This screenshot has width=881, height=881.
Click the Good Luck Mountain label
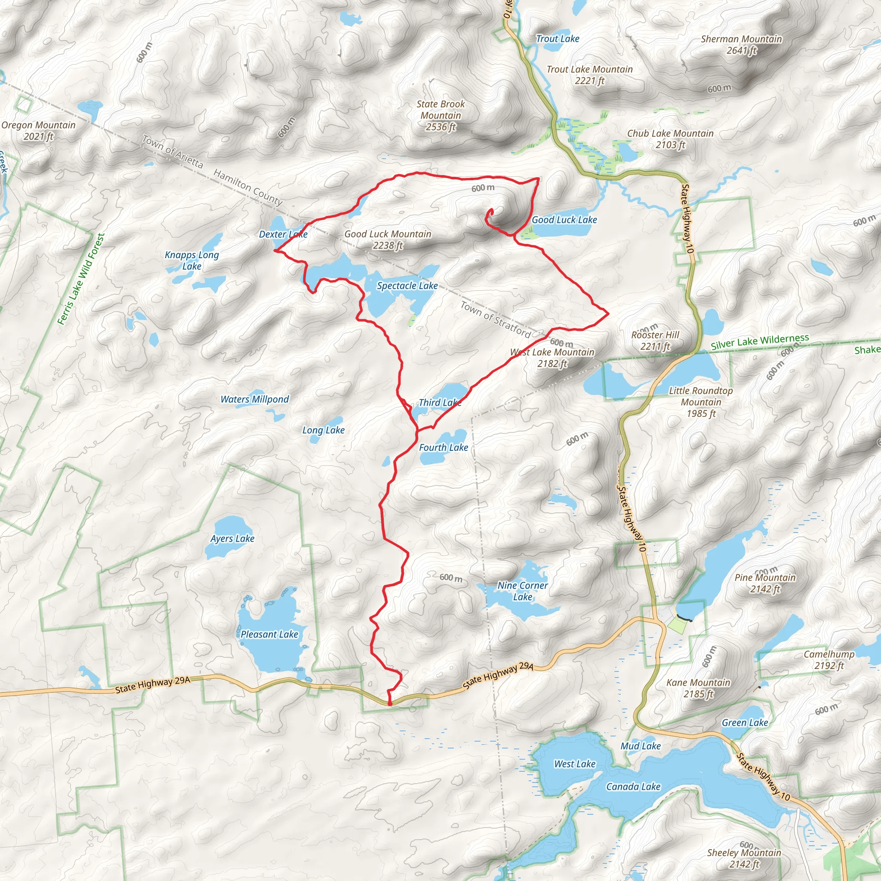[388, 240]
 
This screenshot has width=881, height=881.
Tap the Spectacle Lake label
[407, 286]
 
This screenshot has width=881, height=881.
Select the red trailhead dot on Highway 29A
[390, 704]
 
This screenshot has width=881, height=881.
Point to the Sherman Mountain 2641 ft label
[742, 45]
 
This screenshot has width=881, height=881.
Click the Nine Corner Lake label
[523, 591]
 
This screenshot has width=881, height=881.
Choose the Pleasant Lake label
[269, 635]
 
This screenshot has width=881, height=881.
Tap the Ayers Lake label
[233, 539]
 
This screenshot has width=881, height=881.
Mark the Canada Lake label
[633, 787]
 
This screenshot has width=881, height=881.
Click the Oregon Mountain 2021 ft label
[38, 130]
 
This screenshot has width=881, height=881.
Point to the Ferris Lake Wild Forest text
[81, 279]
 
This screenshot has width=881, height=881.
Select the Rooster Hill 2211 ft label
[655, 341]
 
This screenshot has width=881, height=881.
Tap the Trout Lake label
[557, 39]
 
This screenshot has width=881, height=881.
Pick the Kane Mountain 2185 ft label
[698, 688]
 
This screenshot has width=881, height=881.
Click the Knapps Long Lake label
[192, 260]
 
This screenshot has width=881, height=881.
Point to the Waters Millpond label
[255, 400]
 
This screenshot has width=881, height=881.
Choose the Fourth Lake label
[443, 448]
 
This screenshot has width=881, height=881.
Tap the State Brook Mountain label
[440, 115]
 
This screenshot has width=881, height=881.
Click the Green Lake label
[745, 723]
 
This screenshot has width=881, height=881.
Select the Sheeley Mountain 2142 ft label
[744, 858]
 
